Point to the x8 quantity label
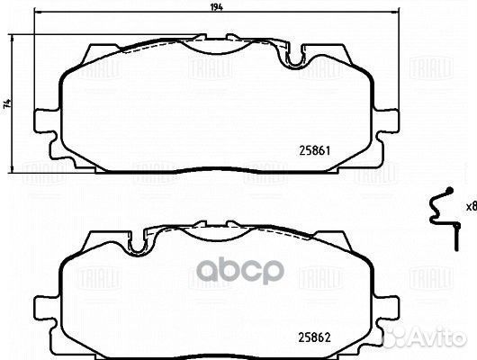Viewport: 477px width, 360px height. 470,206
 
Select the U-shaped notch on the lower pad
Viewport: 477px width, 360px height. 138,242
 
